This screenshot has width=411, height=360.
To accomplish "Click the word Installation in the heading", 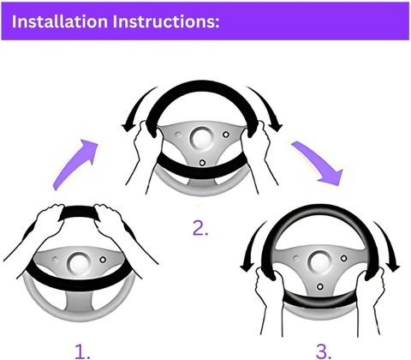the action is click(60, 21).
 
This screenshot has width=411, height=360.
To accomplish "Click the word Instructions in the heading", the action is click(166, 21).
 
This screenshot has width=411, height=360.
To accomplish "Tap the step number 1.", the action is click(82, 351).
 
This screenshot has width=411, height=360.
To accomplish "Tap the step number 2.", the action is click(200, 228).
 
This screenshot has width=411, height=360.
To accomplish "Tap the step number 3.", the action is click(324, 351).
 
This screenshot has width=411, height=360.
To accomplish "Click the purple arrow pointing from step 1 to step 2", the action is click(75, 165).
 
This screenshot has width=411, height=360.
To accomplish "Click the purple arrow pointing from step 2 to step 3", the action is click(317, 163).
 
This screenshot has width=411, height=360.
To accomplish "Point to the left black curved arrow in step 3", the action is click(251, 246).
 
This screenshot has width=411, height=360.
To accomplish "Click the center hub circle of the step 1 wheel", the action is click(77, 263).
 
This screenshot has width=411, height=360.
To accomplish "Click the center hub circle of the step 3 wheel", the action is click(319, 261).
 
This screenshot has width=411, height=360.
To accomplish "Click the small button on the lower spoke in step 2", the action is click(202, 163).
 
